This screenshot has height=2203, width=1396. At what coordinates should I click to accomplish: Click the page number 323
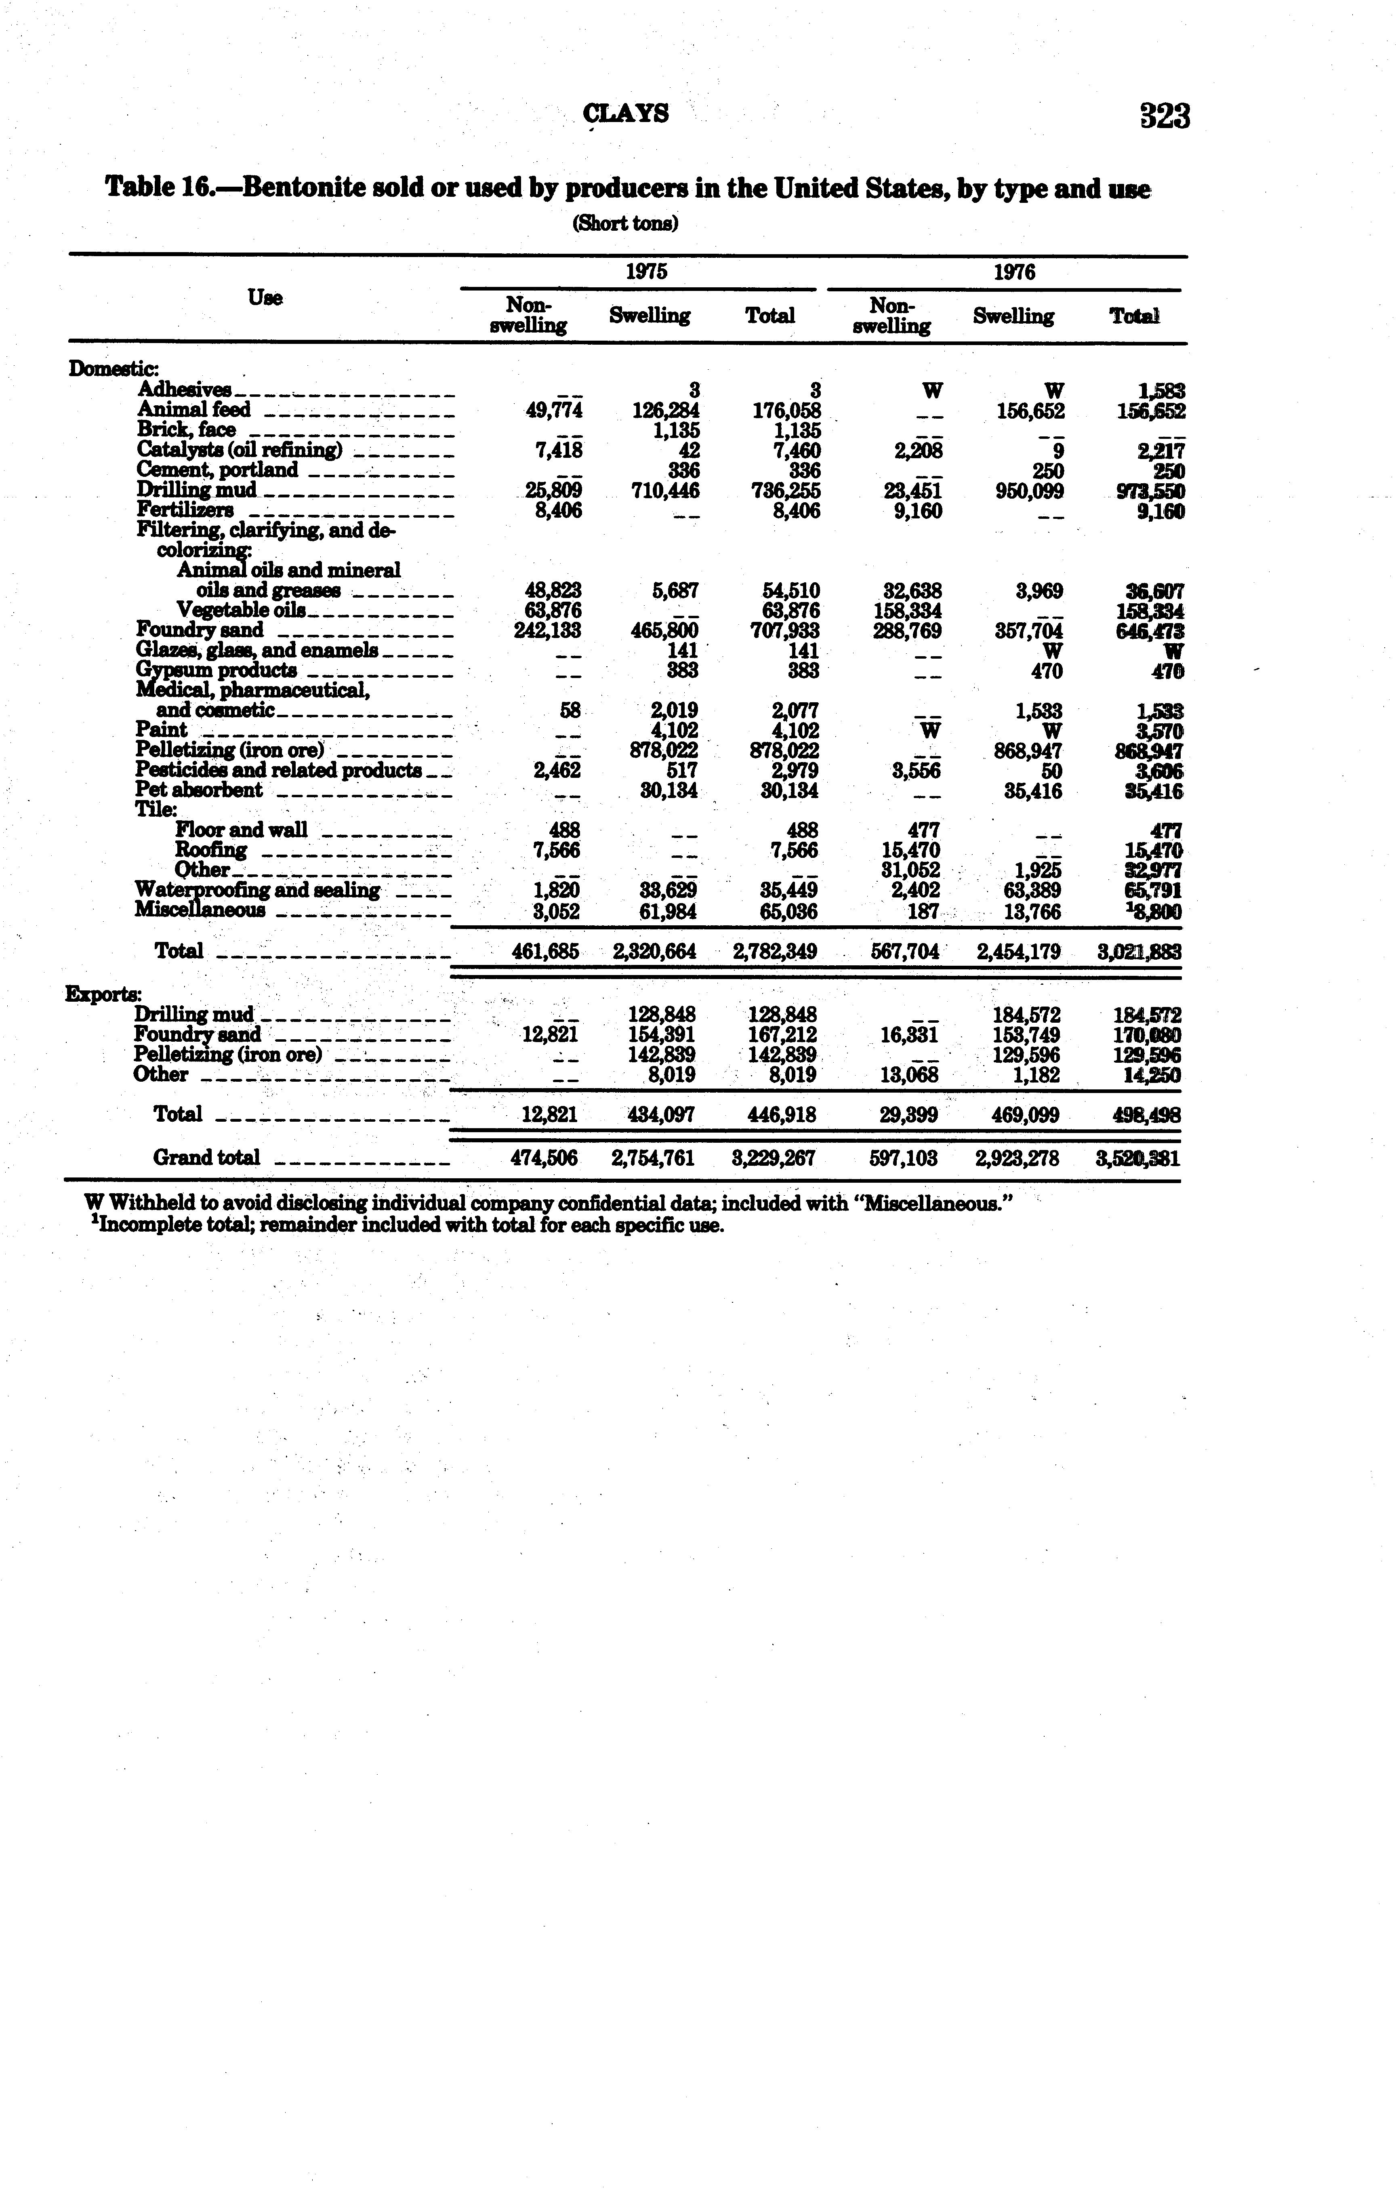tap(1164, 116)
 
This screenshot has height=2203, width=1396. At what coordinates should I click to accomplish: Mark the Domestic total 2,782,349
tap(776, 952)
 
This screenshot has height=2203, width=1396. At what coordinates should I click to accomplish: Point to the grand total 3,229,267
tap(776, 1158)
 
